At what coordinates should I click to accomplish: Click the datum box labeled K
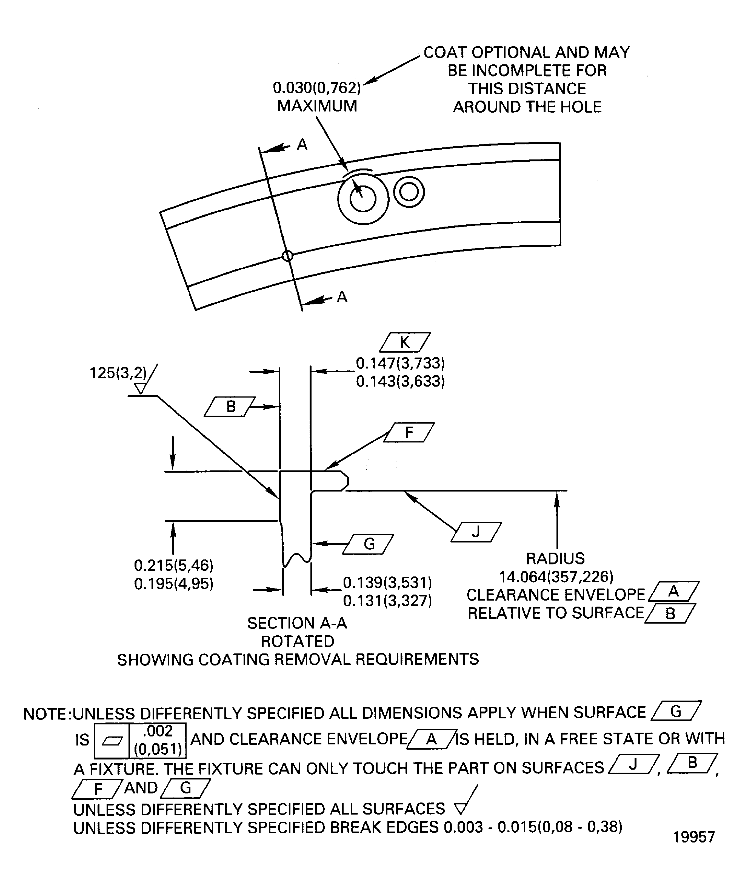coord(404,342)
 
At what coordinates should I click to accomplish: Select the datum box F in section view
coord(409,433)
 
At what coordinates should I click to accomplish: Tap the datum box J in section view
coord(476,532)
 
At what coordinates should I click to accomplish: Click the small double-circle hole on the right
coord(409,192)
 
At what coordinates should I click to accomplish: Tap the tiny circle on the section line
coord(288,256)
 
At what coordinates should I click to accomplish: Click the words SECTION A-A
coord(297,623)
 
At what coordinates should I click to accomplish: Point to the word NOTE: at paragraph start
coord(47,714)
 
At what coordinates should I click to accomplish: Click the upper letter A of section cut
coord(302,145)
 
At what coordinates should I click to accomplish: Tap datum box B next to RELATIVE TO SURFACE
coord(670,613)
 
